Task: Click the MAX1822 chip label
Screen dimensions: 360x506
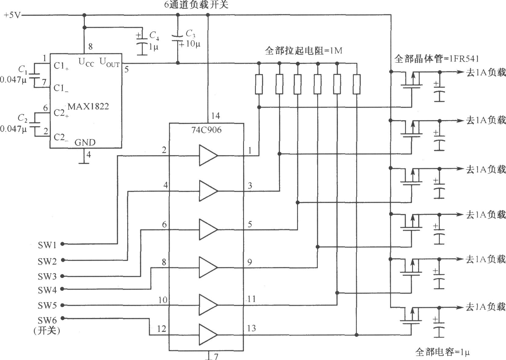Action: click(x=88, y=107)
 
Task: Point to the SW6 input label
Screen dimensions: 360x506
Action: click(x=47, y=321)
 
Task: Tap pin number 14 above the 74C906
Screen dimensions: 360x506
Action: click(x=215, y=116)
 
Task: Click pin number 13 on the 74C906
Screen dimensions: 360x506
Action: click(x=251, y=328)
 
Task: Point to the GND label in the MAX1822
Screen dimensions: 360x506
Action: click(x=85, y=142)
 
